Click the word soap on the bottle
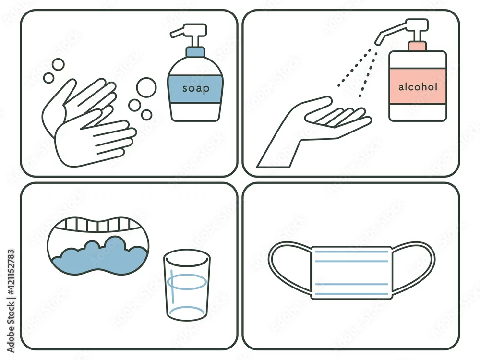click(x=196, y=88)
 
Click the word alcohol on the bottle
click(x=418, y=87)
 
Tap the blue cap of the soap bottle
click(x=196, y=52)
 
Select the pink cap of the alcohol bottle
click(x=417, y=46)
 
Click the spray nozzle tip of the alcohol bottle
click(x=379, y=40)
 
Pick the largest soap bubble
click(x=146, y=87)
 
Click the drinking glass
click(x=187, y=285)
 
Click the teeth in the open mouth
click(x=98, y=225)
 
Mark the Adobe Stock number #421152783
click(x=11, y=272)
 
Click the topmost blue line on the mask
click(x=351, y=252)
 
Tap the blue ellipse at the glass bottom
click(x=187, y=313)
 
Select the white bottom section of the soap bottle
click(x=195, y=112)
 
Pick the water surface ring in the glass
click(x=187, y=282)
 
